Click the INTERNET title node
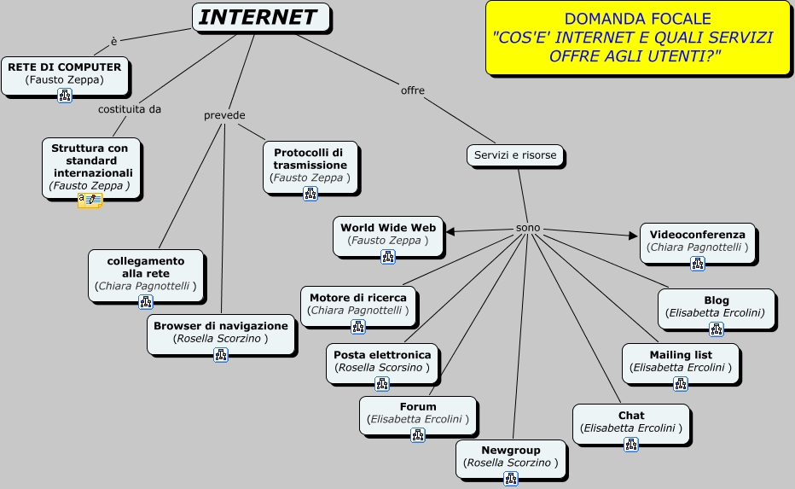pyautogui.click(x=260, y=17)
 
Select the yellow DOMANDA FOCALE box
pyautogui.click(x=637, y=38)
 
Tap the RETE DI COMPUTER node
pyautogui.click(x=65, y=73)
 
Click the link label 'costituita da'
pyautogui.click(x=130, y=109)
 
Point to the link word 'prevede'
pyautogui.click(x=224, y=115)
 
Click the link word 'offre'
pyautogui.click(x=413, y=90)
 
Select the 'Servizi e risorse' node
pyautogui.click(x=515, y=155)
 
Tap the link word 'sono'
pyautogui.click(x=528, y=229)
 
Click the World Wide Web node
pyautogui.click(x=388, y=234)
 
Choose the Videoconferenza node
pyautogui.click(x=698, y=241)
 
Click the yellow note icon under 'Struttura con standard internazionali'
pyautogui.click(x=90, y=201)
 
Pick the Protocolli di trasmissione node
pyautogui.click(x=310, y=164)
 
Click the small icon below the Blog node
pyautogui.click(x=717, y=329)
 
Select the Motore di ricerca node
pyautogui.click(x=358, y=304)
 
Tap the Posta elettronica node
pyautogui.click(x=382, y=361)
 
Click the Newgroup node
pyautogui.click(x=511, y=456)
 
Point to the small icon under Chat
pyautogui.click(x=631, y=445)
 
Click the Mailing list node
pyautogui.click(x=681, y=361)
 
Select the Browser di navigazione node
pyautogui.click(x=221, y=332)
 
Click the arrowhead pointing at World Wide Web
pyautogui.click(x=450, y=230)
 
